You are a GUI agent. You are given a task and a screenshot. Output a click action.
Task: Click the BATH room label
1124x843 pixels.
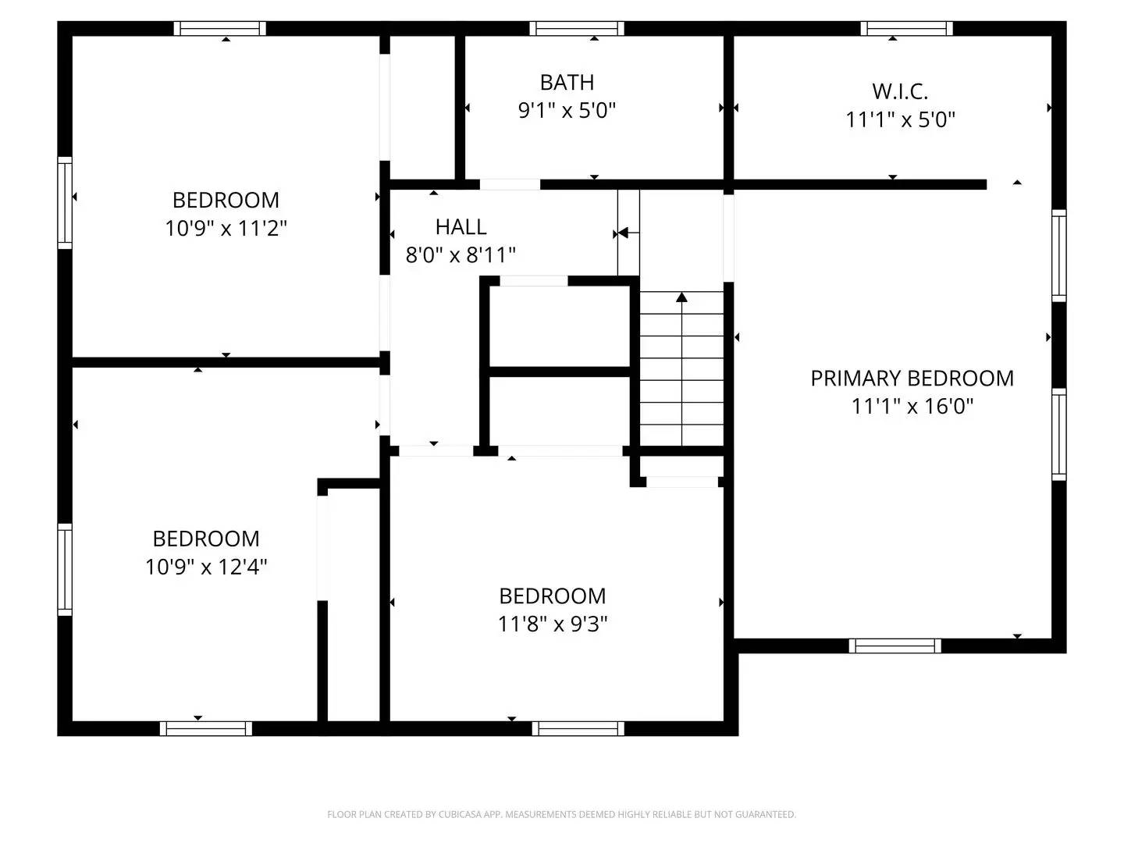pos(567,82)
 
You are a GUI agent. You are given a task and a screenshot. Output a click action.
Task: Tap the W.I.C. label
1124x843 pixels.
pos(900,91)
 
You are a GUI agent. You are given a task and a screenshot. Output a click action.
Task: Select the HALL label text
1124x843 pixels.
pos(461,227)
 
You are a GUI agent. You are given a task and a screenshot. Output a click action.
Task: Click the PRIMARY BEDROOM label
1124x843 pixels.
pos(912,379)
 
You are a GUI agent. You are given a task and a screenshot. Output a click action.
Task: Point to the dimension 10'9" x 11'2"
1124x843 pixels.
pos(226,229)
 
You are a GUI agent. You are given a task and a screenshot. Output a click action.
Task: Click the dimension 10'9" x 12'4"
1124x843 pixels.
pos(206,567)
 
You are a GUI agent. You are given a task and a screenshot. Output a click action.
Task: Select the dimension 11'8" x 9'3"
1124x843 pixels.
pos(553,624)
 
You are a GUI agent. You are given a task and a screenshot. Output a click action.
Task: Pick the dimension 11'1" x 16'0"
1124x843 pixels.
pos(912,407)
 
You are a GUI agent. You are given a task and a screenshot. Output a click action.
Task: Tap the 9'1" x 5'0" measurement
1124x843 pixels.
pos(567,110)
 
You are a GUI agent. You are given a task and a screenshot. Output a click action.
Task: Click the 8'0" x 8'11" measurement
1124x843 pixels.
pos(461,255)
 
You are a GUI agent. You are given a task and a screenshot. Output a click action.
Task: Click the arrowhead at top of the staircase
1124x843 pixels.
pos(681,297)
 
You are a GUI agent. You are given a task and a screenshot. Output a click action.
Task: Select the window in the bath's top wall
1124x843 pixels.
pos(577,29)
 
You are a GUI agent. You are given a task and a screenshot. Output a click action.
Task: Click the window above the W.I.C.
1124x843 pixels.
pos(906,29)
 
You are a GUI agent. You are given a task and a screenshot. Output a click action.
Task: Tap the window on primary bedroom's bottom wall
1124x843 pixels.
pos(895,646)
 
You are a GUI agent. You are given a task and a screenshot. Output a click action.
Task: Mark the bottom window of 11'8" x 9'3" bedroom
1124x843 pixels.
pos(578,728)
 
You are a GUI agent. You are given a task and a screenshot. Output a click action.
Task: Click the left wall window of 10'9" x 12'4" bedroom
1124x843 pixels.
pos(65,569)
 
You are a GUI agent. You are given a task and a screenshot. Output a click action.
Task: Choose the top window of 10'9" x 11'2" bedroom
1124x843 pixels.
pos(219,29)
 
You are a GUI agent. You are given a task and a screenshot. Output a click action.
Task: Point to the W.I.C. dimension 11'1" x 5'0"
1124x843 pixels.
pos(900,120)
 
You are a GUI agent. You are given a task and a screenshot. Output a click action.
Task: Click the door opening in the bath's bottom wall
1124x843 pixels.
pos(509,185)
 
